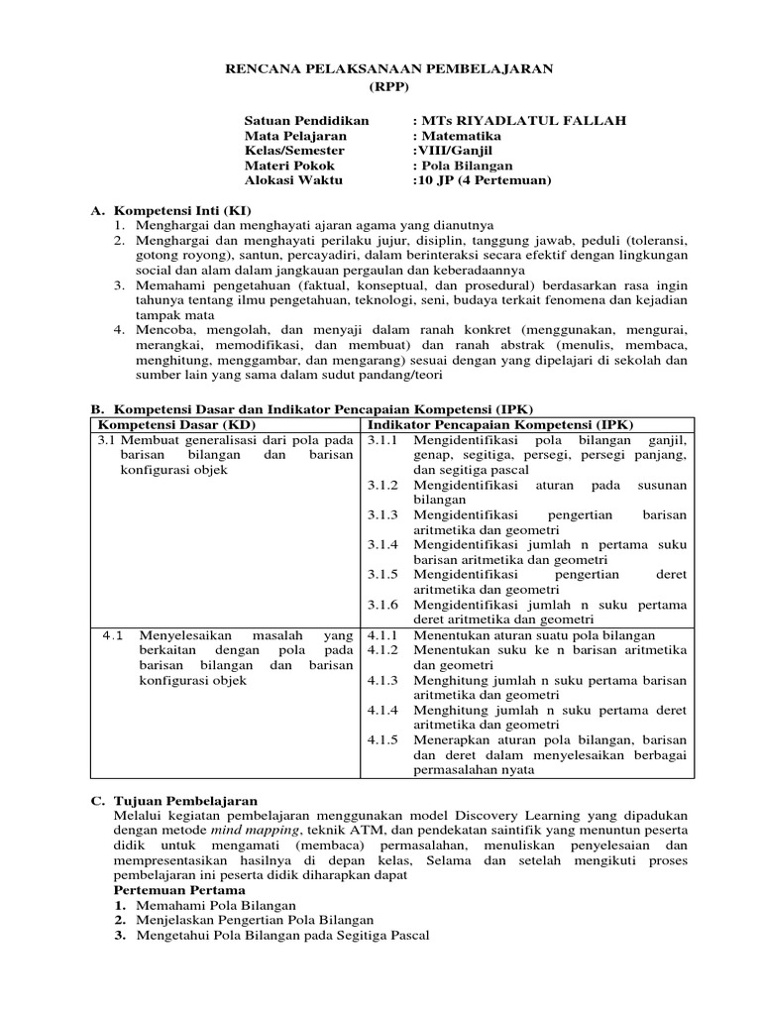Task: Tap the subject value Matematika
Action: pyautogui.click(x=461, y=136)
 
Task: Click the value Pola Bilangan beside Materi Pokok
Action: pyautogui.click(x=467, y=167)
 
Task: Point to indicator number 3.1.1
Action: pyautogui.click(x=382, y=439)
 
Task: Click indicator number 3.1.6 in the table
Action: pyautogui.click(x=382, y=604)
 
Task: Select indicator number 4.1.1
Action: pyautogui.click(x=382, y=634)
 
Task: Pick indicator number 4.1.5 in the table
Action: pyautogui.click(x=382, y=738)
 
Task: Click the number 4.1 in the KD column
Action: pyautogui.click(x=114, y=634)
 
